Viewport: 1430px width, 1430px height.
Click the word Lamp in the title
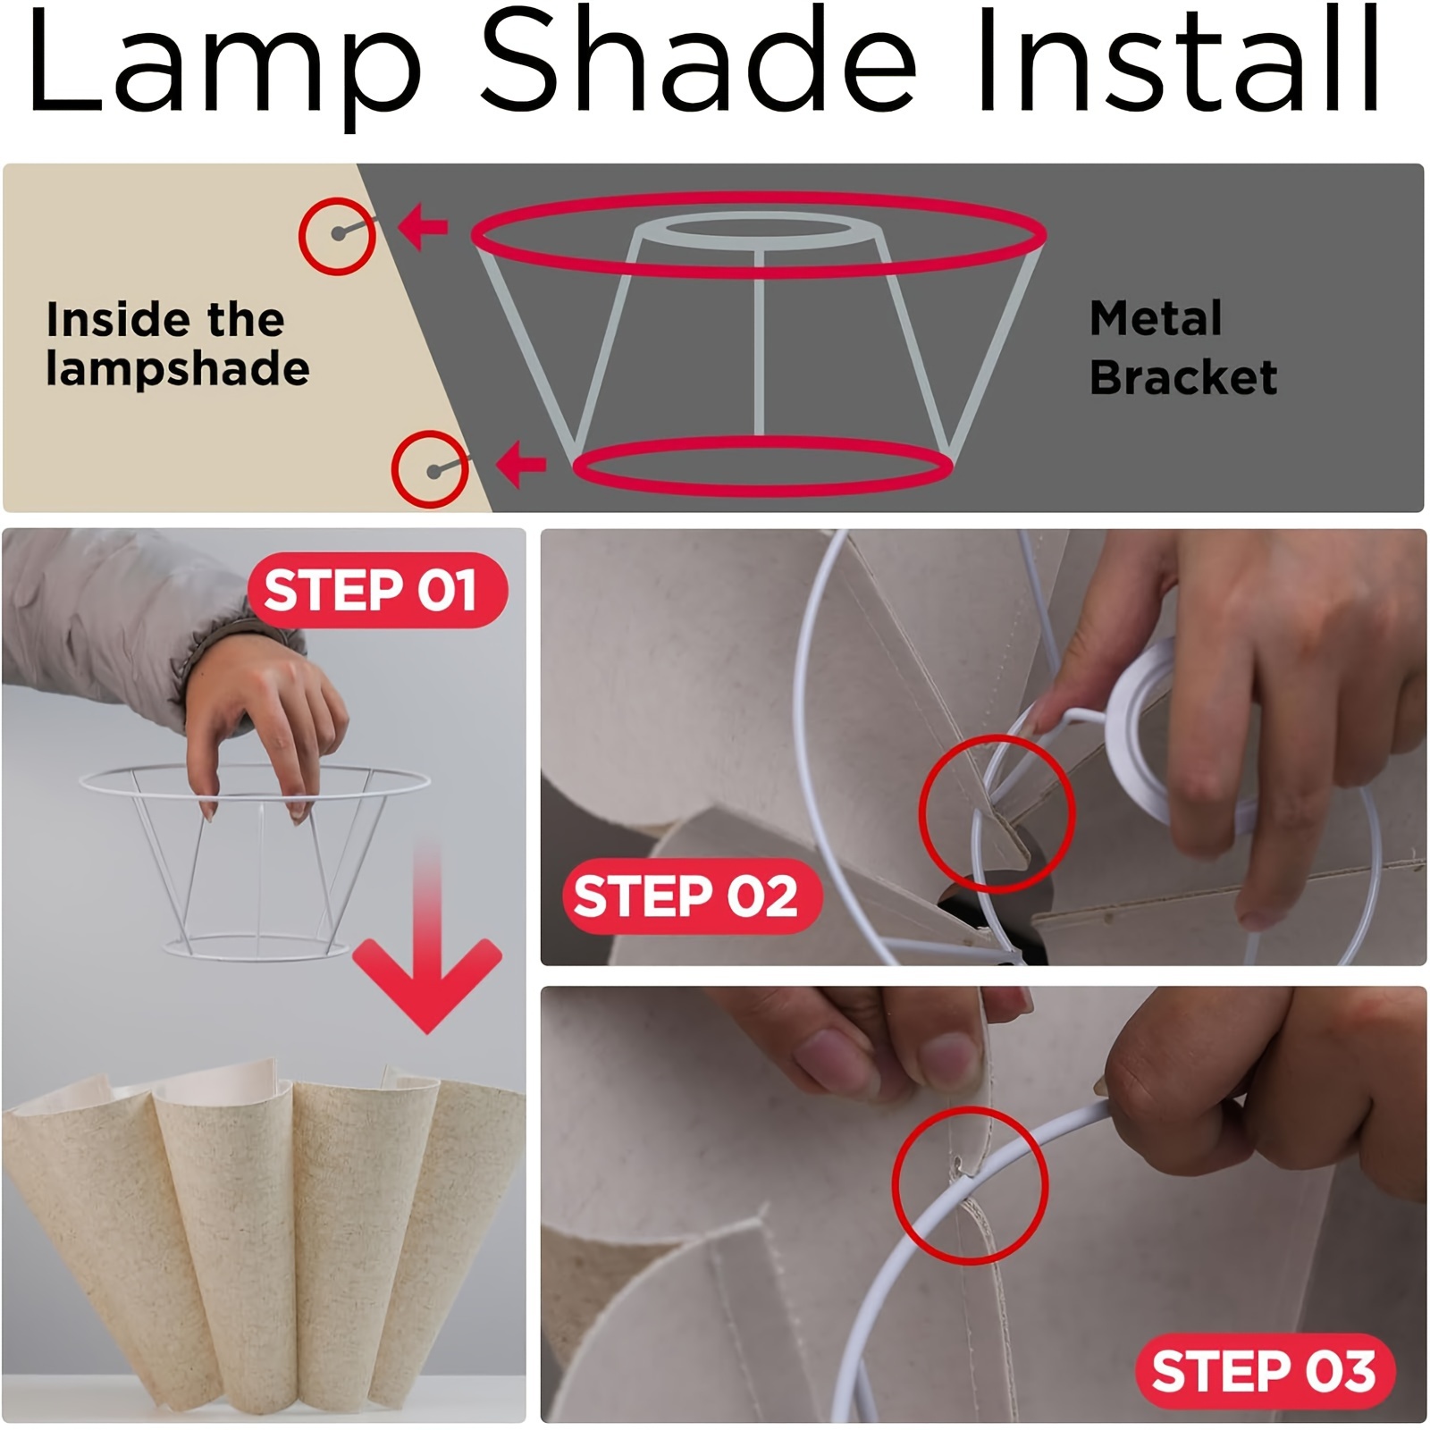pyautogui.click(x=224, y=63)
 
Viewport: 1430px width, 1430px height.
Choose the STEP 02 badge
pyautogui.click(x=692, y=896)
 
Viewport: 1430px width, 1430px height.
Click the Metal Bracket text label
pyautogui.click(x=1183, y=348)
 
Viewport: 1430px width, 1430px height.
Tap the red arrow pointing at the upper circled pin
pyautogui.click(x=422, y=225)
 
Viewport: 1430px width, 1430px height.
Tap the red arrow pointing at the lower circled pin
pyautogui.click(x=521, y=465)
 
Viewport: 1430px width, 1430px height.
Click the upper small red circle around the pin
pyautogui.click(x=337, y=198)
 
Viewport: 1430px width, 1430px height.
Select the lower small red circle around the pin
pyautogui.click(x=430, y=433)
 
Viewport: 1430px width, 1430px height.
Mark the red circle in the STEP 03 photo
pyautogui.click(x=970, y=1108)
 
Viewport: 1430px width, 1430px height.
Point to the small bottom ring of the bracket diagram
pyautogui.click(x=762, y=442)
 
